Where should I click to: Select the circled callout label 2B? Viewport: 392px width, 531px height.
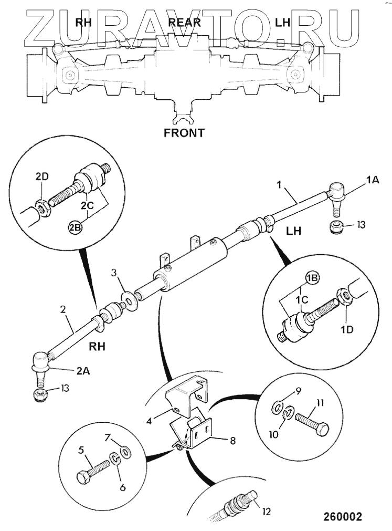click(x=75, y=227)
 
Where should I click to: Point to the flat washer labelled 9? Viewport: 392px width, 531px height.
click(x=276, y=407)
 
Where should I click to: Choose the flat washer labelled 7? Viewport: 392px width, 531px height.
click(x=125, y=451)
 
